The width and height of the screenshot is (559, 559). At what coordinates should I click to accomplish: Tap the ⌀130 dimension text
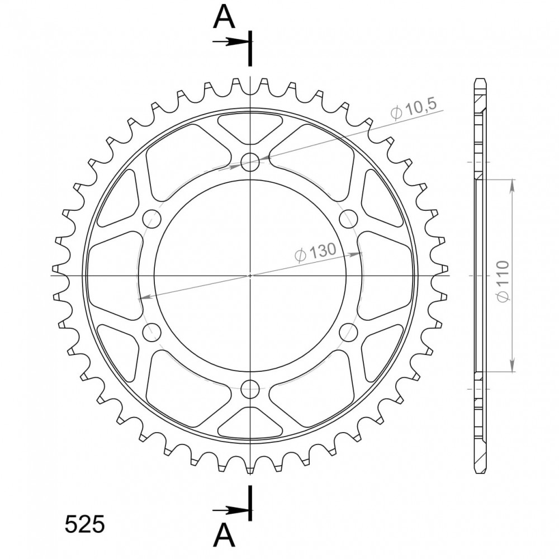point(315,252)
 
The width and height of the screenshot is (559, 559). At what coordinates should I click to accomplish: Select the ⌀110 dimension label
point(503,281)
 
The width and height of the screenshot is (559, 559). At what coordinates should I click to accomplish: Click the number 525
point(84,524)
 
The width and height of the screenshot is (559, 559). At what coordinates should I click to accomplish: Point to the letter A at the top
point(224,18)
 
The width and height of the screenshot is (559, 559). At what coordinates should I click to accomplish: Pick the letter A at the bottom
point(224,536)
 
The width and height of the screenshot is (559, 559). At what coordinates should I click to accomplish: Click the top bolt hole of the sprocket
point(250,162)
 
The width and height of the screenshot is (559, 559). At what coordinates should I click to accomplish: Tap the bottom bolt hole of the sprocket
point(250,389)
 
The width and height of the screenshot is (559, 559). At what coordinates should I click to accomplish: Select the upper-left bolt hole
point(152,219)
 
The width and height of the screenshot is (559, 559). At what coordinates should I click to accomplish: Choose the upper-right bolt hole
point(348,219)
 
